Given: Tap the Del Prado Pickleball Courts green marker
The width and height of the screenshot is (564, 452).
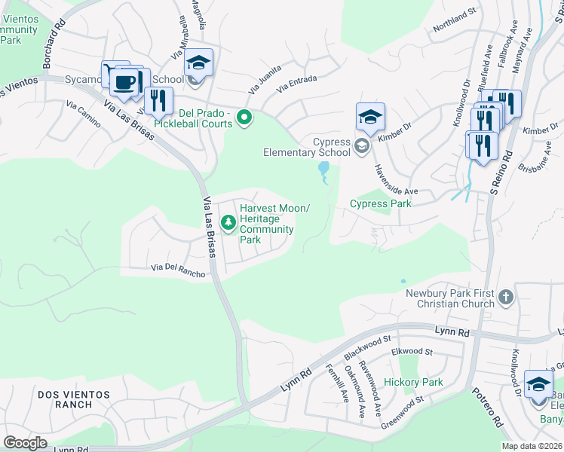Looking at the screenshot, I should point(244,118).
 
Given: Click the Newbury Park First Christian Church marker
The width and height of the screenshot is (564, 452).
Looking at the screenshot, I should point(505,297).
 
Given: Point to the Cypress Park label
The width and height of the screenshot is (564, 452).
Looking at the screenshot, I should point(380,203).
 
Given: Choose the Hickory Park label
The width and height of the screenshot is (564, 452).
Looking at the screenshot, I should point(412,382).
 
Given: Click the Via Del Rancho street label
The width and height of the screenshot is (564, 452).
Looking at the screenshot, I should point(178,270).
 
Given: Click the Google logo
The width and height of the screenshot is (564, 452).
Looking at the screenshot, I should point(25,443).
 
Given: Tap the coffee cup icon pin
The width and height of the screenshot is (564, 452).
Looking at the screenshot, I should point(126,81).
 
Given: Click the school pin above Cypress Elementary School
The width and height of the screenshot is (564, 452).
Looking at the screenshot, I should point(370,118).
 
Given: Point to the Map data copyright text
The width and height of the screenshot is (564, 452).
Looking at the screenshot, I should point(532,446).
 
